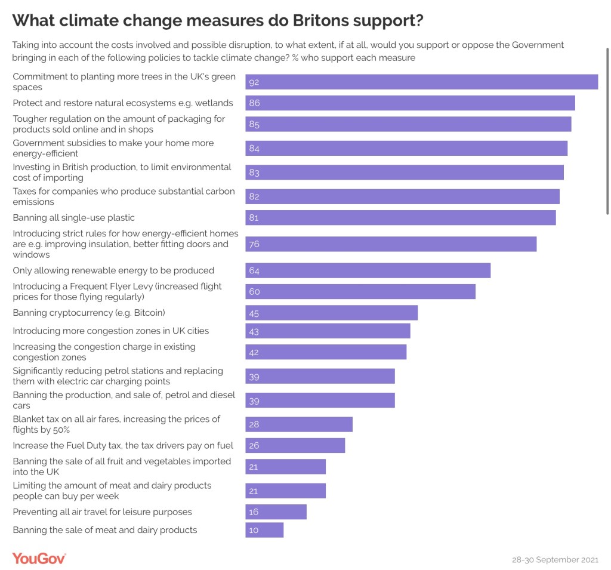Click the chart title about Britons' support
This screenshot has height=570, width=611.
coord(218,20)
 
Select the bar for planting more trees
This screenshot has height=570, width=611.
coord(421,82)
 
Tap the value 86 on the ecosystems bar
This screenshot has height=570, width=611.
coord(254,103)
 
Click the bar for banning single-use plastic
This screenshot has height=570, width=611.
coord(400,218)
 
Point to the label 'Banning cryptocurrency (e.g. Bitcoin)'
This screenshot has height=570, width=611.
coord(89,313)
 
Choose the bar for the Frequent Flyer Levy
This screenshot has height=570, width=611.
coord(360,291)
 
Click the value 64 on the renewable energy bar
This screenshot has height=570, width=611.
coord(254,271)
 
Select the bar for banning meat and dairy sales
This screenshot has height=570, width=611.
coord(264,530)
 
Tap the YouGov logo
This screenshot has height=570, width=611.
coord(39,559)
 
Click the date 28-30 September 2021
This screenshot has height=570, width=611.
coord(555,560)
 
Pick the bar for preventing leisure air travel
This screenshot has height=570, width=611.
coord(276,512)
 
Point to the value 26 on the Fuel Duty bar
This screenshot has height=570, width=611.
coord(254,446)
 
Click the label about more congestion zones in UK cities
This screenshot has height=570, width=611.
coord(111,331)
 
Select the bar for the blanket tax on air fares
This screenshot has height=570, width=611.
coord(299,424)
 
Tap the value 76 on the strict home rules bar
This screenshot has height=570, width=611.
coord(254,244)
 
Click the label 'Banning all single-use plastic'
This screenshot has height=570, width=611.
coord(74,218)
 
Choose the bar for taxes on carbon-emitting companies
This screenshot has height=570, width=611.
coord(402,196)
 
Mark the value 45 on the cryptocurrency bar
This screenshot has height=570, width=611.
coord(254,313)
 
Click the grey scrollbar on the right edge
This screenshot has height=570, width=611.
coord(607,131)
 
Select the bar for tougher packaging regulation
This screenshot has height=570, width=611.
coord(408,124)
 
